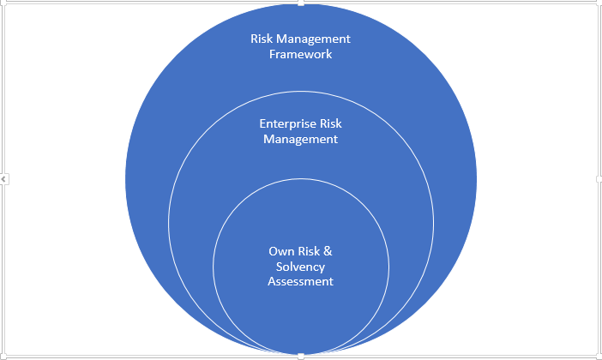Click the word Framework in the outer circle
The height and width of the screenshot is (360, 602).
click(300, 54)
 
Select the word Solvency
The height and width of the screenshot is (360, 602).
click(300, 267)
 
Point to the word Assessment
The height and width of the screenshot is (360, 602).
click(300, 281)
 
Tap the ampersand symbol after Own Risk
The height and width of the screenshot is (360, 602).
click(327, 252)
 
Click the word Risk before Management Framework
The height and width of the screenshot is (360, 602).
click(263, 39)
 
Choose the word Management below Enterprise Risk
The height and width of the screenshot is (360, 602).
click(300, 139)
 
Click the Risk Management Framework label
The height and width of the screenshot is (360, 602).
click(300, 46)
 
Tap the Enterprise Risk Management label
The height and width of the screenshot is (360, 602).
click(300, 131)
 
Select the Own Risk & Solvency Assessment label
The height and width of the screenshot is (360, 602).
click(300, 267)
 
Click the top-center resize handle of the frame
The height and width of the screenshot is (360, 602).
click(301, 3)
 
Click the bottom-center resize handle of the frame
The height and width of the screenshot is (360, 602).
click(301, 356)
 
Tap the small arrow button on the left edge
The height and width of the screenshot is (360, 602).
click(4, 179)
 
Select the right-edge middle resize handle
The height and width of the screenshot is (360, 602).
click(599, 179)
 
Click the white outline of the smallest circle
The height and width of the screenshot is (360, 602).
click(214, 266)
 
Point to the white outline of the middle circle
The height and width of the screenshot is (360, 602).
click(169, 223)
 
